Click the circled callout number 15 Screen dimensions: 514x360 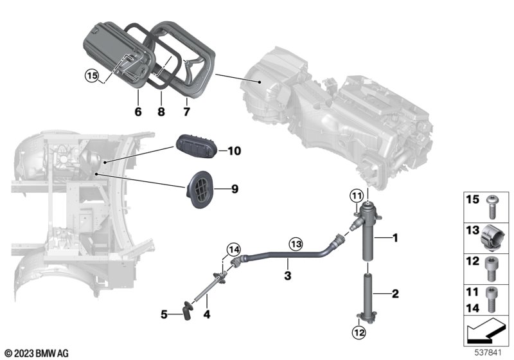point(92,76)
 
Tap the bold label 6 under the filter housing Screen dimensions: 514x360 point(138,112)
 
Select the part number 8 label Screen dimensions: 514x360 point(161,112)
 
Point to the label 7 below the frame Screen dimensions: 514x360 point(186,112)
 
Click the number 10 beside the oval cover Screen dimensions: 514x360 point(234,151)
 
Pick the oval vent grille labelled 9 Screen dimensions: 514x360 point(199,190)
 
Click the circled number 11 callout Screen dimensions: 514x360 point(357,197)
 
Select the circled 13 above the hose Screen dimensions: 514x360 point(296,244)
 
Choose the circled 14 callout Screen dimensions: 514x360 point(234,250)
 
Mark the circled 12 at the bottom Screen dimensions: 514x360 point(359,333)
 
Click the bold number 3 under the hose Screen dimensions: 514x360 point(287,275)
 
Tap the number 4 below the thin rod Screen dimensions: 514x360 point(206,314)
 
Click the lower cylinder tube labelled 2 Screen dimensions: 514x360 point(368,298)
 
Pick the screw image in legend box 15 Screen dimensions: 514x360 point(492,206)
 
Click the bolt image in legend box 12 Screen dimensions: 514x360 point(491,269)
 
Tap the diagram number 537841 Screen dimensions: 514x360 point(488,353)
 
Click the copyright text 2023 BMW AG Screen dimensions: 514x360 point(37,354)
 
